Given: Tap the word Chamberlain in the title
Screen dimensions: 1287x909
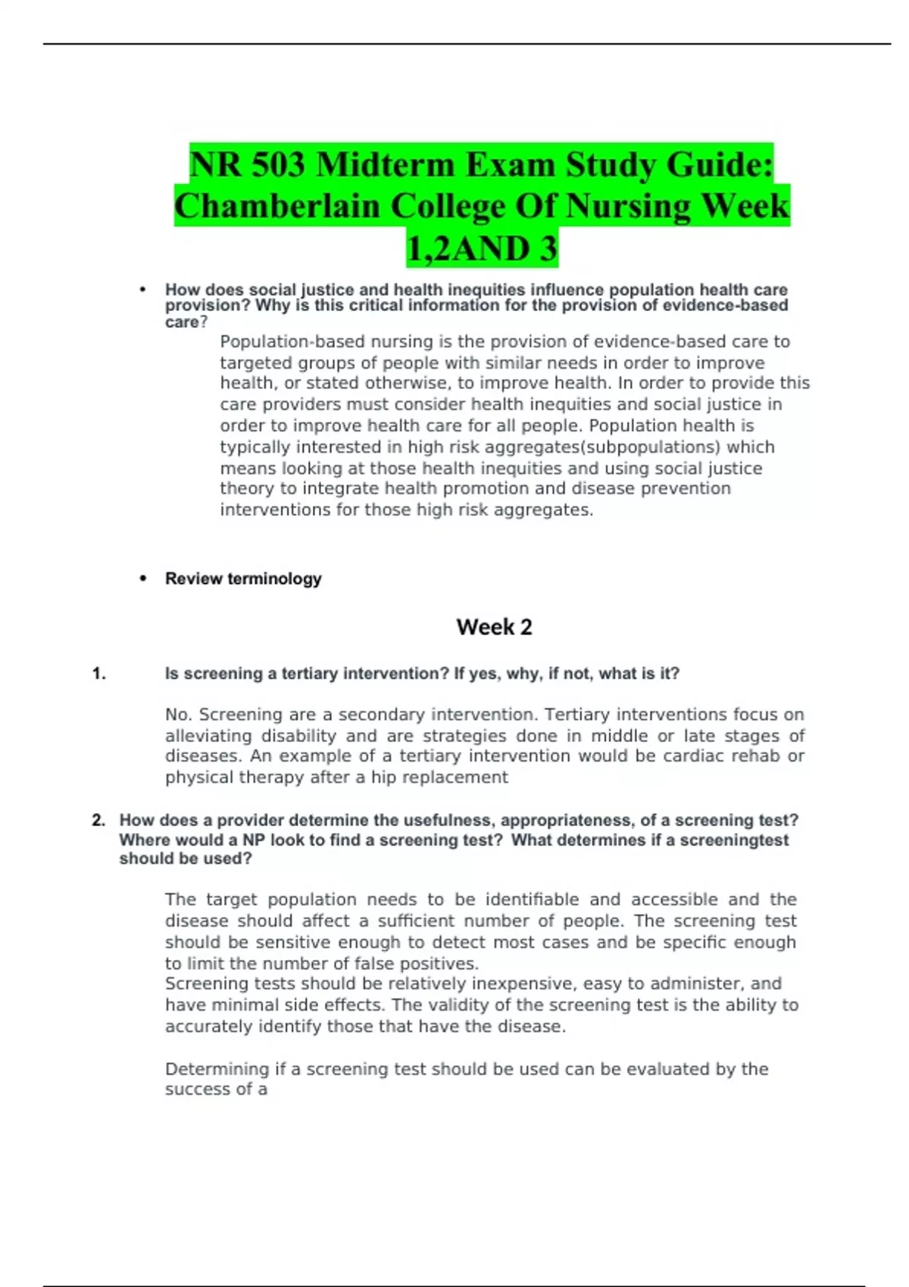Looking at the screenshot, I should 277,207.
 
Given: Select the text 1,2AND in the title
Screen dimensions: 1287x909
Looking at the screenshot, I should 465,249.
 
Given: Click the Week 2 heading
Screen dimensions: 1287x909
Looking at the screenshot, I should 494,627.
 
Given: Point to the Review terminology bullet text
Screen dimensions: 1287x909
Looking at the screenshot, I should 243,579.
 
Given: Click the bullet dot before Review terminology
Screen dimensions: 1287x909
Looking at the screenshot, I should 142,579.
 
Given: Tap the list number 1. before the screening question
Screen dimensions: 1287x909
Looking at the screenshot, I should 98,674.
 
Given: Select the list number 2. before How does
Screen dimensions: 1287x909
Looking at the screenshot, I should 98,821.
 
